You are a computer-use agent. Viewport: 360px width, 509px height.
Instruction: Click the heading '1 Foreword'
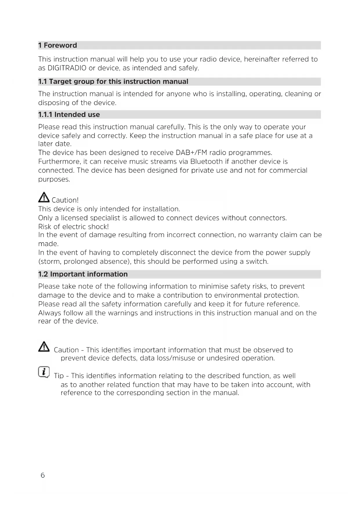point(57,46)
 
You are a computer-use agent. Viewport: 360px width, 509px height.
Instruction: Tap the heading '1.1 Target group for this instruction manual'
point(113,82)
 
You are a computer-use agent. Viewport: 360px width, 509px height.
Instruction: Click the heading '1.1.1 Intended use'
point(69,115)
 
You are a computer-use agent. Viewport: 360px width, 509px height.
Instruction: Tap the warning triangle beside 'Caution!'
point(44,198)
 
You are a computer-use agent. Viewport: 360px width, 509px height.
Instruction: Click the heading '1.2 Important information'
point(83,274)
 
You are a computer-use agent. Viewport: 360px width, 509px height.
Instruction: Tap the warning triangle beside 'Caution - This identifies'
point(44,347)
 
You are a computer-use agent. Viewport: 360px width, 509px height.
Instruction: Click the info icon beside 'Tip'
point(44,372)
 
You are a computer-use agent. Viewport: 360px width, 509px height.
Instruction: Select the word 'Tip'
point(59,376)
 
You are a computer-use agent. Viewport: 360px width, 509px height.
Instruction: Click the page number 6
point(43,475)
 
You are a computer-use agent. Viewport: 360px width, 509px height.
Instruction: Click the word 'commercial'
point(288,170)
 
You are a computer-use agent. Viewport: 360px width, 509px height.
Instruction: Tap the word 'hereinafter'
point(263,59)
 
